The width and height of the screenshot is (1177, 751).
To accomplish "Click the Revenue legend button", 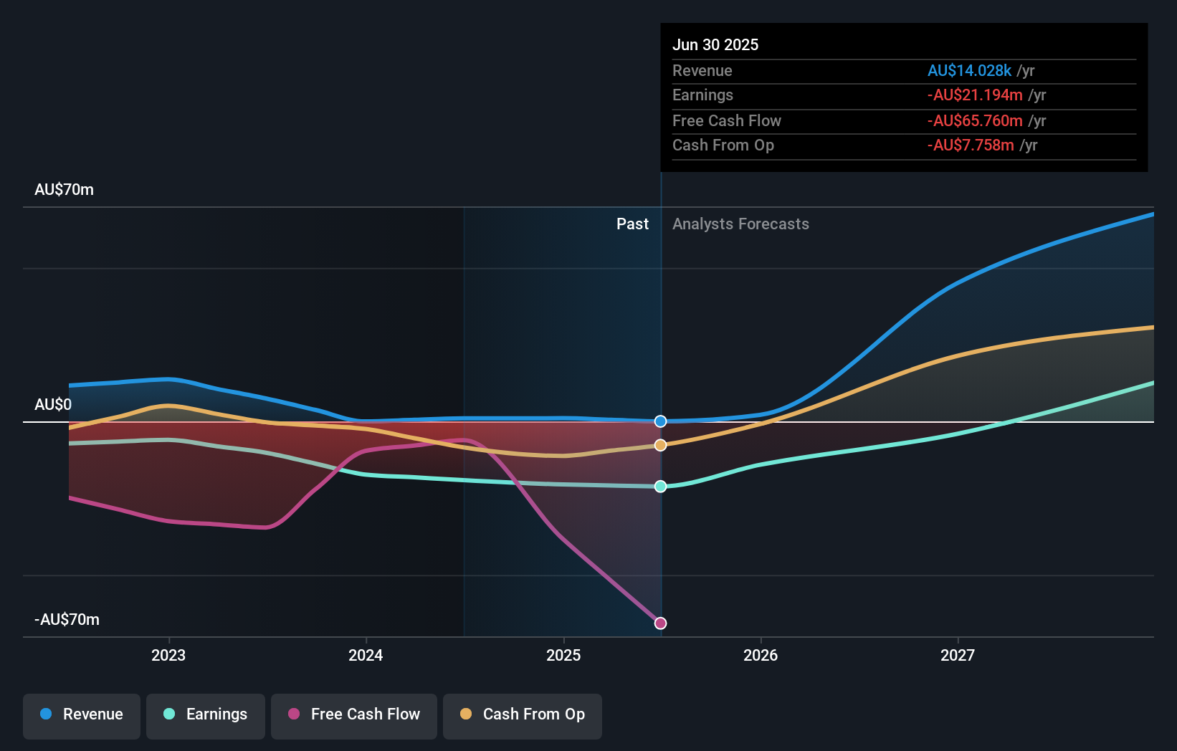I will (82, 714).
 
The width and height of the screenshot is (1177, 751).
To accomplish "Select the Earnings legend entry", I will (206, 714).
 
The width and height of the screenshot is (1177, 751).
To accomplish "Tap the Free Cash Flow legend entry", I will (354, 714).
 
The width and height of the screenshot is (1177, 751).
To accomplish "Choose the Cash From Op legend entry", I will (523, 714).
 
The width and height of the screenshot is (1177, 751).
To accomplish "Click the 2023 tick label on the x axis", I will (168, 655).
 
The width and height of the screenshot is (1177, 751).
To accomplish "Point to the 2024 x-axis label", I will (366, 655).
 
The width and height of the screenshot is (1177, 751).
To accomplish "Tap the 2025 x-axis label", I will (563, 655).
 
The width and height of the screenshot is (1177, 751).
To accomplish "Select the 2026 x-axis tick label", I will (761, 655).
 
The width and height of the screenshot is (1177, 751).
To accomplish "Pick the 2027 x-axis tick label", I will (958, 655).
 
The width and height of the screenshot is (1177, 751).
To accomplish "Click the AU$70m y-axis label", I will (65, 190).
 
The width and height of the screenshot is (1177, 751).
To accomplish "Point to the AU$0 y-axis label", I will (53, 405).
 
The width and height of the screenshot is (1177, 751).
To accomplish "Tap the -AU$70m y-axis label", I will (67, 620).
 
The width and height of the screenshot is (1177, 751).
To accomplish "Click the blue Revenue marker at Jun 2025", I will (661, 421).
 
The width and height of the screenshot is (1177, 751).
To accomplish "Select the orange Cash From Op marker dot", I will (661, 445).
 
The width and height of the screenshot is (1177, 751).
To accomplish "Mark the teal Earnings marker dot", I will (661, 487).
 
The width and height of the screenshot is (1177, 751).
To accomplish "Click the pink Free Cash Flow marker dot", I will (661, 623).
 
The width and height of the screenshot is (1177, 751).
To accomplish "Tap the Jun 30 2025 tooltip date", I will (715, 45).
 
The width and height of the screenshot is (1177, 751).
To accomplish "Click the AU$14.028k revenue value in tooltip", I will (969, 71).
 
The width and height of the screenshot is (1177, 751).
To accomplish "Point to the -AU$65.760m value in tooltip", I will (975, 121).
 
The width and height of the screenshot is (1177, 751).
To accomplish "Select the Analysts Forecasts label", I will (740, 224).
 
